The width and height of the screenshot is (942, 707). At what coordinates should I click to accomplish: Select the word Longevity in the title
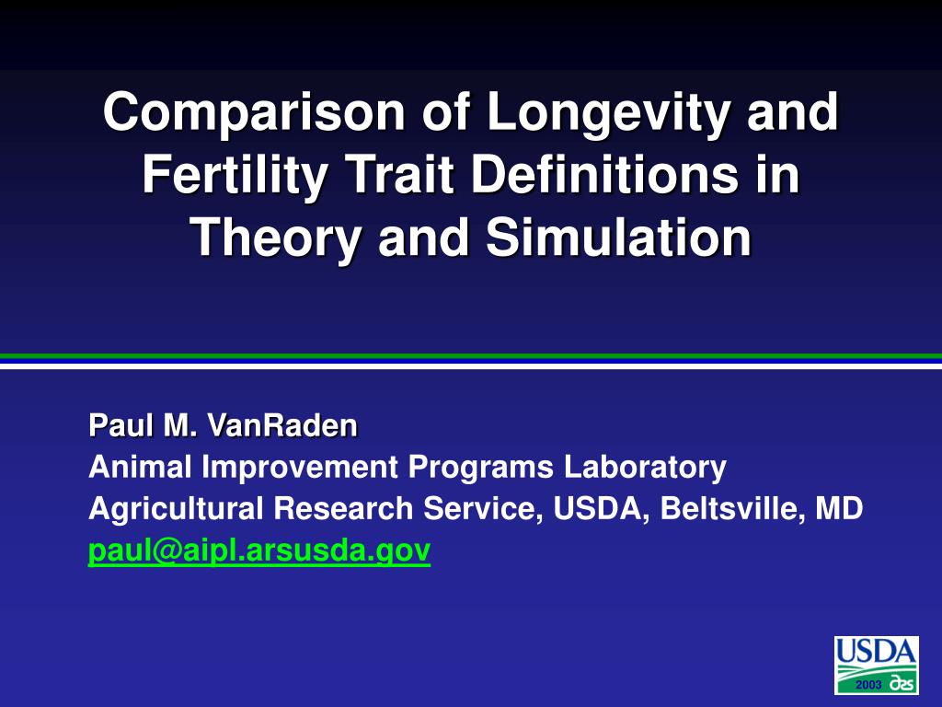point(610,113)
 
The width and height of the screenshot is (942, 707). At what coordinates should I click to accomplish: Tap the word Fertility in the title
point(235,174)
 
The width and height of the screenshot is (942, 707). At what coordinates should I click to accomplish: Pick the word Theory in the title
point(276,238)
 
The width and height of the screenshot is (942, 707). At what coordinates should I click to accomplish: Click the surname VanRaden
point(282,425)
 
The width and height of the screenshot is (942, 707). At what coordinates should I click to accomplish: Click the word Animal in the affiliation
point(140,467)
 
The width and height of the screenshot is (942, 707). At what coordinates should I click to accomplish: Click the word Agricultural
point(176,509)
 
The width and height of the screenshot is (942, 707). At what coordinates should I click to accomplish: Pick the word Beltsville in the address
point(733,508)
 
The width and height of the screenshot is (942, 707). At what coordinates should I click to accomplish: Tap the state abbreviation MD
point(839,508)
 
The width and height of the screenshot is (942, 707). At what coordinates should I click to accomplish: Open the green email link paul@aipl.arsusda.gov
point(259,551)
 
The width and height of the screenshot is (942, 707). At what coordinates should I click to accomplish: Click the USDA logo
point(877,666)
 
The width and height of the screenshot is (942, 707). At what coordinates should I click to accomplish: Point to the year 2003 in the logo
point(868,685)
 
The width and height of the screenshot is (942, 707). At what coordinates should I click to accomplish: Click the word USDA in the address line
point(601,509)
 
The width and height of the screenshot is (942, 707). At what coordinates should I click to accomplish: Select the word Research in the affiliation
point(343,508)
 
